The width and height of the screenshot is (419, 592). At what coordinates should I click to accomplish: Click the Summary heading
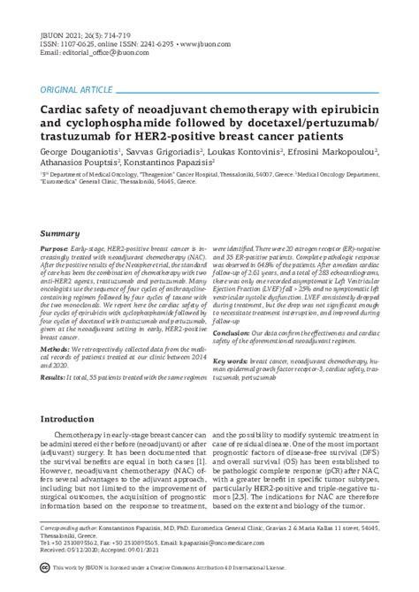tap(60, 234)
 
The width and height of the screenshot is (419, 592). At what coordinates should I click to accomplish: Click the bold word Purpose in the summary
tap(56, 251)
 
